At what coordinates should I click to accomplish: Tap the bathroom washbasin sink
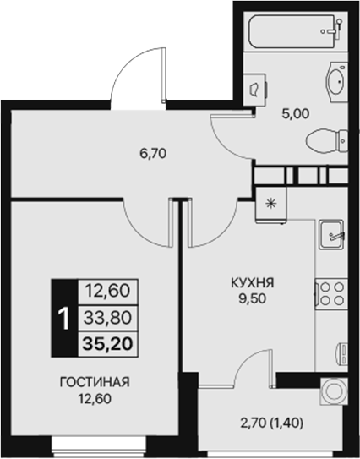tap(335, 83)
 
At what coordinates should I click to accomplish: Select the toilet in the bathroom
tap(325, 138)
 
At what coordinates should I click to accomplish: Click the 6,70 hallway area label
tap(152, 155)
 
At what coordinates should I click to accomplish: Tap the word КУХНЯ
tap(253, 283)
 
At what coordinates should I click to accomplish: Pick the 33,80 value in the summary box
tap(106, 318)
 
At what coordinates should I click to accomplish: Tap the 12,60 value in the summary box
tap(106, 292)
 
